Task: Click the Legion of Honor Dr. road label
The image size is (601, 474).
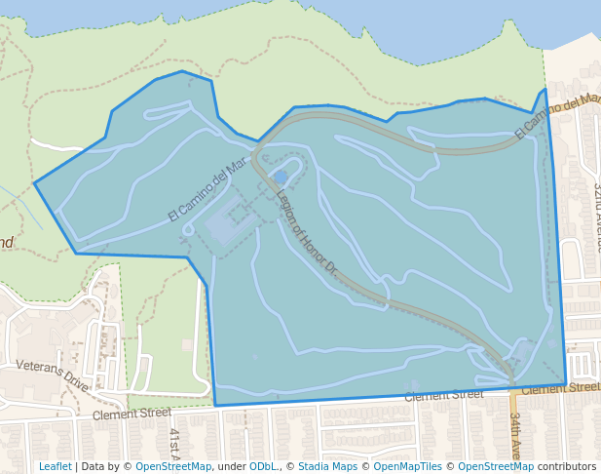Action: tap(306, 231)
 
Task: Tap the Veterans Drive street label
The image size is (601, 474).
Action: tap(52, 375)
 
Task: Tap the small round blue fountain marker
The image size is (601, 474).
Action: tap(281, 177)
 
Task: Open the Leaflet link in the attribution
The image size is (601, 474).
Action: tap(55, 466)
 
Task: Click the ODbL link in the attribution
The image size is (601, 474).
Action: tap(263, 466)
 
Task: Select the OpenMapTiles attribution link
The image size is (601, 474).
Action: tap(404, 466)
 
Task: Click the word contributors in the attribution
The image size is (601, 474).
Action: tap(567, 466)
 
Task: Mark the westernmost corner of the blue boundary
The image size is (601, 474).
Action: tap(35, 182)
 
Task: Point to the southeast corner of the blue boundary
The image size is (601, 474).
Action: tap(565, 384)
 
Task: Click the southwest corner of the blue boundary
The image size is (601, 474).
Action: tap(215, 405)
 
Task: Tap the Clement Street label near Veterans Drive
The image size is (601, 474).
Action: tap(131, 415)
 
